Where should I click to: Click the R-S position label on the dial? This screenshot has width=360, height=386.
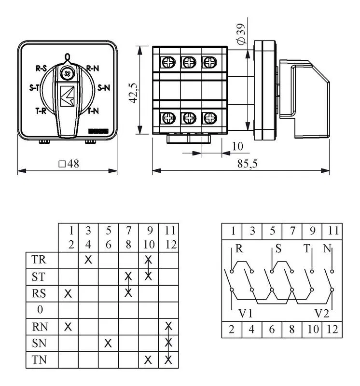42,68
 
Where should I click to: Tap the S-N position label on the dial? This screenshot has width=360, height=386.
104,88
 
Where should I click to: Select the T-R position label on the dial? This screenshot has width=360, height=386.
41,111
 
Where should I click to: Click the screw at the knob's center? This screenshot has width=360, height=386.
67,73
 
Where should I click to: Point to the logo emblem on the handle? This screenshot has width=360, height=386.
68,96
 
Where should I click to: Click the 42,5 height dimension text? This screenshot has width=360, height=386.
134,93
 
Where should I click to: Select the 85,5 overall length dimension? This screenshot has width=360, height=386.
247,164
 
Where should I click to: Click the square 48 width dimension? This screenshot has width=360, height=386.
69,164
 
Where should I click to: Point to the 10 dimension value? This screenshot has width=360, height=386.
237,147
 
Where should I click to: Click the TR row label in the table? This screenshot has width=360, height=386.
39,260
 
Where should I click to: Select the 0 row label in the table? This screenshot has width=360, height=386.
40,310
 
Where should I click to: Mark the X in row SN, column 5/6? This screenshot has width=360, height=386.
108,343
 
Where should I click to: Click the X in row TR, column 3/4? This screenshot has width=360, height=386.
88,260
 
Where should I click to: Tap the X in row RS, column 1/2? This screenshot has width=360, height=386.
68,293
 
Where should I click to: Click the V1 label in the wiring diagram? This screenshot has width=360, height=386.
246,313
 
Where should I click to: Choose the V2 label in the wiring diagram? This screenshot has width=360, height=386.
321,313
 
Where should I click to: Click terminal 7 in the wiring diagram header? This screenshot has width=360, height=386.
292,231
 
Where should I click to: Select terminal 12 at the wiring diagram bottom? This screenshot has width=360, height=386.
332,330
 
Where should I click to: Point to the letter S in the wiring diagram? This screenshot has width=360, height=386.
278,248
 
